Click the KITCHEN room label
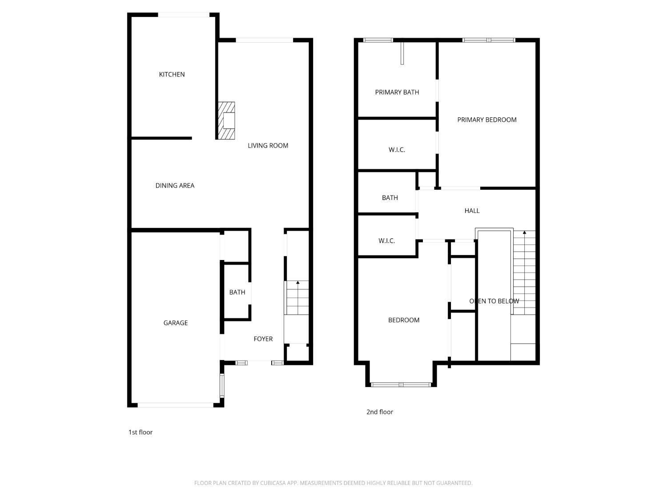pos(172,74)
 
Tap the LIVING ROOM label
pos(268,146)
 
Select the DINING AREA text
pos(175,185)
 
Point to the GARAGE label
pos(175,323)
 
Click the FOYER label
pos(263,339)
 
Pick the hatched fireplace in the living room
pos(226,120)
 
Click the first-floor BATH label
pos(237,292)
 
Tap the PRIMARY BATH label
pos(397,92)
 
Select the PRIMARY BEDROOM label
pos(487,120)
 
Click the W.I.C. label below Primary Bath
pos(397,150)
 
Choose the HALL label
pos(472,211)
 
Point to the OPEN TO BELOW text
pos(494,301)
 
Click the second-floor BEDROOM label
pos(404,320)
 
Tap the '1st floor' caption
pos(141,432)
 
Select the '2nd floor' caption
pos(380,412)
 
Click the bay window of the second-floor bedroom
pos(401,384)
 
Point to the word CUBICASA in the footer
pos(273,483)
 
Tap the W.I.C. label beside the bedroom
pos(386,241)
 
